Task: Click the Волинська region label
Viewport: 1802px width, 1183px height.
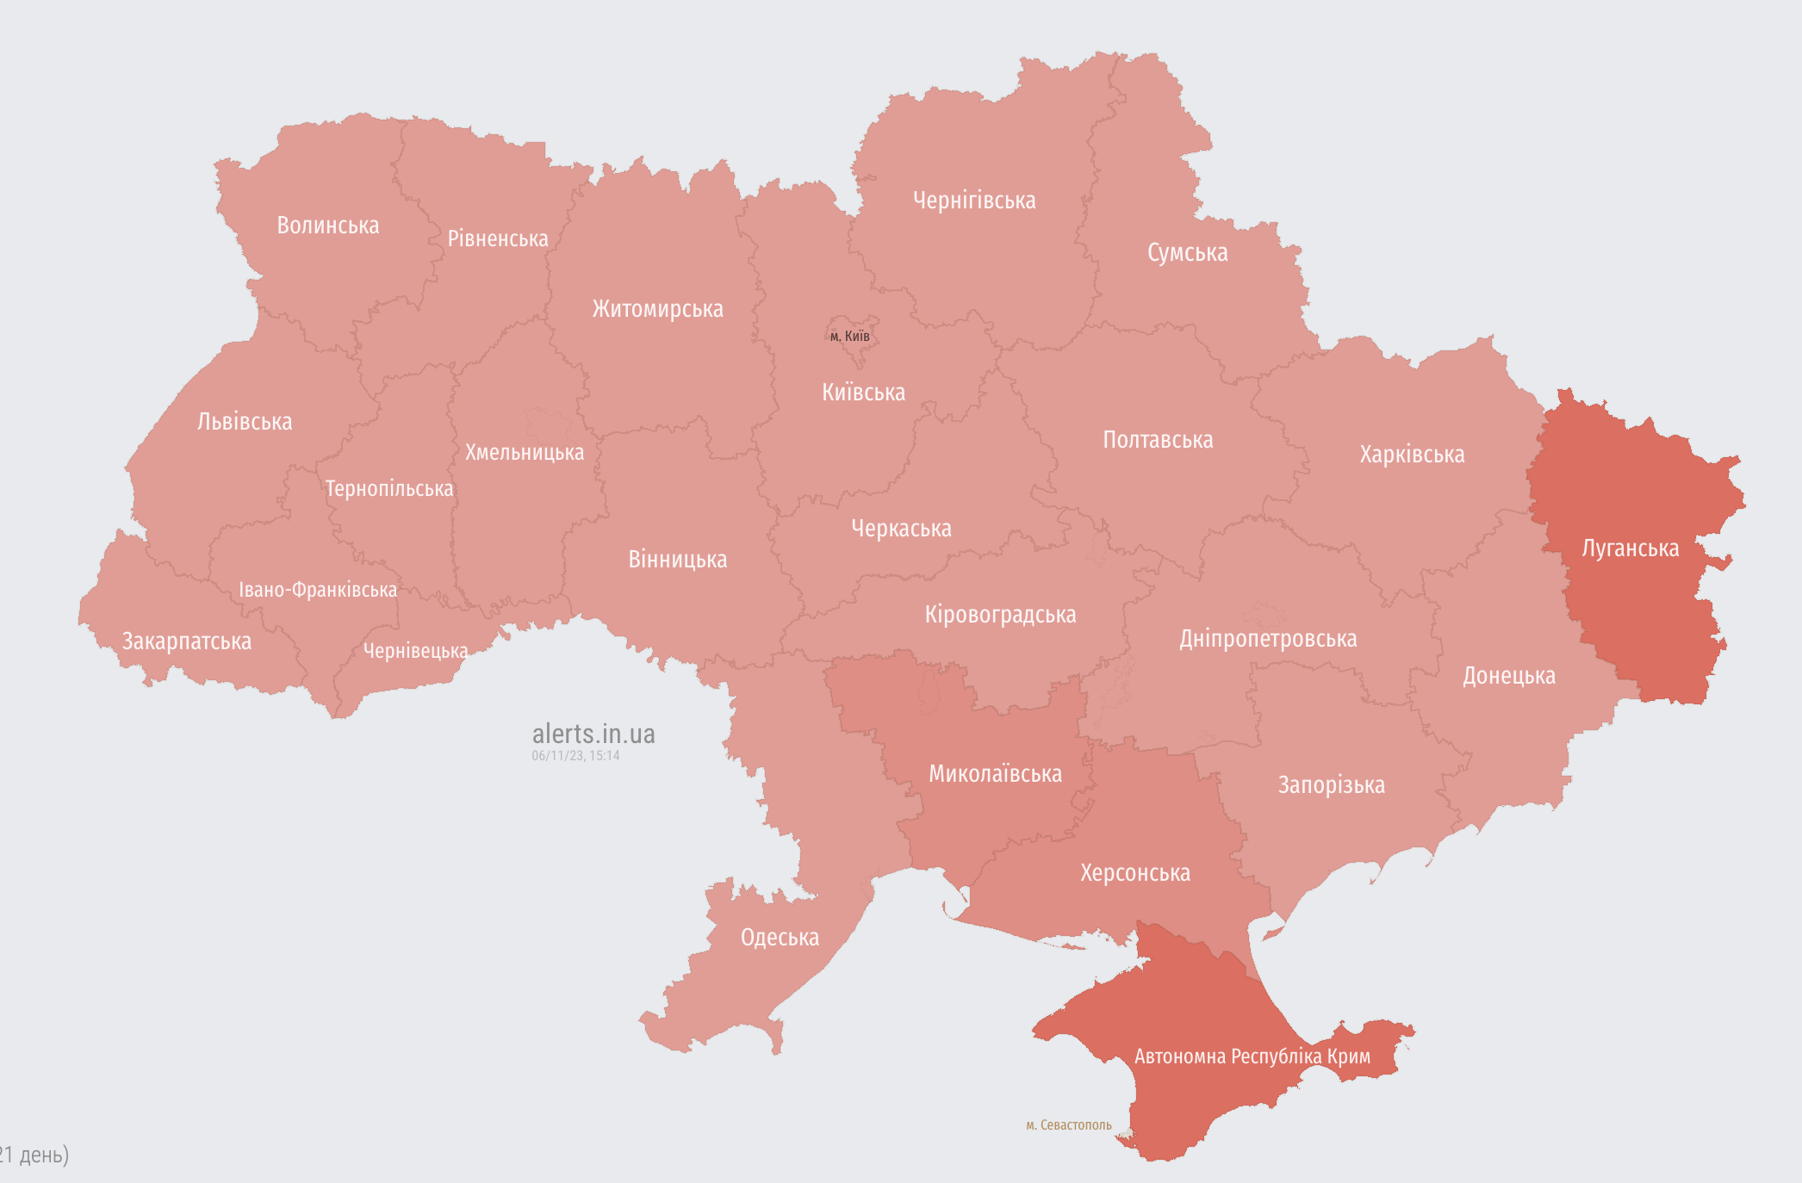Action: (327, 226)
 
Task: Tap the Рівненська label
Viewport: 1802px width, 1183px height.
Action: (498, 238)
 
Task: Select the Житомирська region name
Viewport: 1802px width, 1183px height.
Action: (657, 309)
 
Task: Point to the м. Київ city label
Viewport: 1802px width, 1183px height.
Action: (850, 336)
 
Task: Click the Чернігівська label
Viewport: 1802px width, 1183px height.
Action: (974, 201)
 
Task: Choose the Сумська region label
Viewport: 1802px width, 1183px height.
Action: (1187, 253)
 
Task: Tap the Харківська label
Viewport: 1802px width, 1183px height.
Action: (1412, 455)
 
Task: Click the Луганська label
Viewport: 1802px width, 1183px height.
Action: (1630, 548)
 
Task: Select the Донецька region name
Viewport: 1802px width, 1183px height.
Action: (1509, 676)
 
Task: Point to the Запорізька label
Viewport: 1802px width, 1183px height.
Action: (1331, 785)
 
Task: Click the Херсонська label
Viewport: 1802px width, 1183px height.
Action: (1135, 873)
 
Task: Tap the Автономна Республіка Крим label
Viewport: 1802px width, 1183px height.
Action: (1252, 1056)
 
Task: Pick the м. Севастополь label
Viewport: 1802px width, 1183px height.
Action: (1068, 1125)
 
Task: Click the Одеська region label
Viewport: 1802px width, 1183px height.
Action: (780, 938)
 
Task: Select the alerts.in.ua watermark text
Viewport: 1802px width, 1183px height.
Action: (593, 734)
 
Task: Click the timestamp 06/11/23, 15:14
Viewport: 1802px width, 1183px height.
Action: (575, 756)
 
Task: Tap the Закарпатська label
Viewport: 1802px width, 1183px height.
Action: (187, 641)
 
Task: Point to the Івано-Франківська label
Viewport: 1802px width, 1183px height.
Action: (318, 590)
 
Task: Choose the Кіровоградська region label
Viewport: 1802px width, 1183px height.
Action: (1000, 615)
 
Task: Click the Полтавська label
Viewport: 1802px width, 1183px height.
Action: (1158, 440)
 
